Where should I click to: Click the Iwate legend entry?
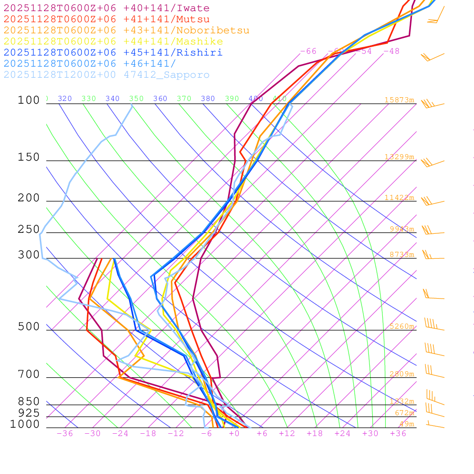(106, 8)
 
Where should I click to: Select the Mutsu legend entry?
(106, 19)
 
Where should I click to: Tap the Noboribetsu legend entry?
(126, 31)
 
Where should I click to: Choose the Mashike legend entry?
(113, 42)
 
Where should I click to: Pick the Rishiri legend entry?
(113, 53)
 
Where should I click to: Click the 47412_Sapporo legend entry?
(106, 75)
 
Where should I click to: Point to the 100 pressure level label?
(29, 100)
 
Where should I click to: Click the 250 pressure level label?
(29, 229)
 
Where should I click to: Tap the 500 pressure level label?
(29, 327)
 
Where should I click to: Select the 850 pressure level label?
(29, 402)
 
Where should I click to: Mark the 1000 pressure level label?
(25, 424)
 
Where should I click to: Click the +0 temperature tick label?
(234, 434)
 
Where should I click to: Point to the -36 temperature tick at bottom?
(65, 434)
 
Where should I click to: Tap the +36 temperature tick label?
(398, 434)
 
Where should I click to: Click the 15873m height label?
(399, 100)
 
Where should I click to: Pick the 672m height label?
(404, 413)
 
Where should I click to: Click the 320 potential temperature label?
(65, 99)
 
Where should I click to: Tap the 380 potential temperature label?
(208, 99)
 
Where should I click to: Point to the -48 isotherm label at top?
(391, 51)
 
